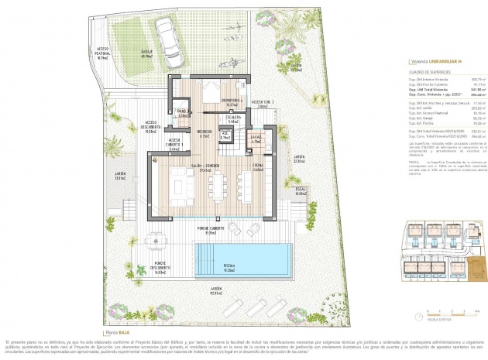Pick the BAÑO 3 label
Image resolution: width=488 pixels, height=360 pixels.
(x=183, y=114)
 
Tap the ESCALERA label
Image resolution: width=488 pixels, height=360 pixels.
(x=234, y=118)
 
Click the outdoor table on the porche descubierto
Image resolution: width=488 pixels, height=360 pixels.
(x=156, y=238)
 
